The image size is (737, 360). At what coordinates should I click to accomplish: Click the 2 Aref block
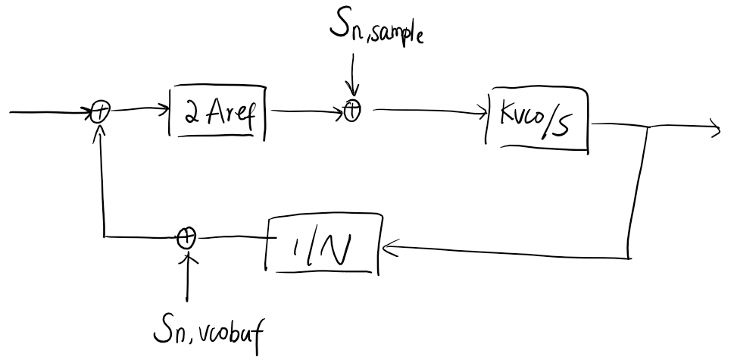[218, 116]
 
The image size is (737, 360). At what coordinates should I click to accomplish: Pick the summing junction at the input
[99, 114]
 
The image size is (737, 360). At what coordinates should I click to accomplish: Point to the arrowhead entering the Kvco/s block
[482, 115]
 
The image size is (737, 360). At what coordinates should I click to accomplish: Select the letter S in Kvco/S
[575, 126]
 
